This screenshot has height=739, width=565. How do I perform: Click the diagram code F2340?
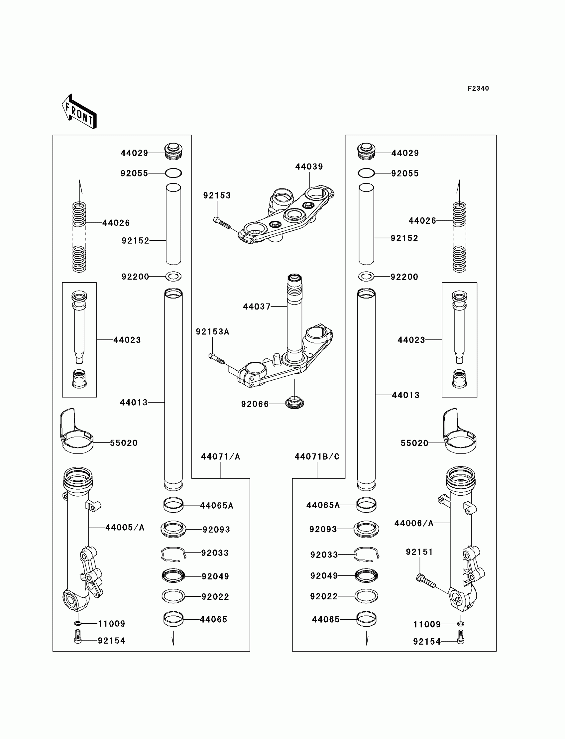pyautogui.click(x=478, y=88)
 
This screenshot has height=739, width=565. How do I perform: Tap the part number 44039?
pyautogui.click(x=309, y=167)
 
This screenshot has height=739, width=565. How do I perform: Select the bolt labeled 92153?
pyautogui.click(x=222, y=223)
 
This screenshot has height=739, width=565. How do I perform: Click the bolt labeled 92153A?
pyautogui.click(x=217, y=359)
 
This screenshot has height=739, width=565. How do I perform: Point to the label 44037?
pyautogui.click(x=257, y=307)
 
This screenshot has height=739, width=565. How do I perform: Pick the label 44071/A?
pyautogui.click(x=220, y=456)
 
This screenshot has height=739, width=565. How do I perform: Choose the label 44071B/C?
pyautogui.click(x=317, y=456)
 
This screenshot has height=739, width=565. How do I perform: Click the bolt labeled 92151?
pyautogui.click(x=425, y=581)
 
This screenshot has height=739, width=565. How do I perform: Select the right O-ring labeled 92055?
pyautogui.click(x=366, y=173)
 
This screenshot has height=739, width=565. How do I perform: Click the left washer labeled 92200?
pyautogui.click(x=173, y=277)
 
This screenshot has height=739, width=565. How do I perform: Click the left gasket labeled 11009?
pyautogui.click(x=78, y=623)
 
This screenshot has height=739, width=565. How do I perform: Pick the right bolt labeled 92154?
pyautogui.click(x=461, y=637)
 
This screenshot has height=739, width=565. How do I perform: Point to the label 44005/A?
pyautogui.click(x=125, y=527)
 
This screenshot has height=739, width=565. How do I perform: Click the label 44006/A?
pyautogui.click(x=414, y=523)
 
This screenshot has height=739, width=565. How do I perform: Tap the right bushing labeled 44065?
pyautogui.click(x=366, y=619)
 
